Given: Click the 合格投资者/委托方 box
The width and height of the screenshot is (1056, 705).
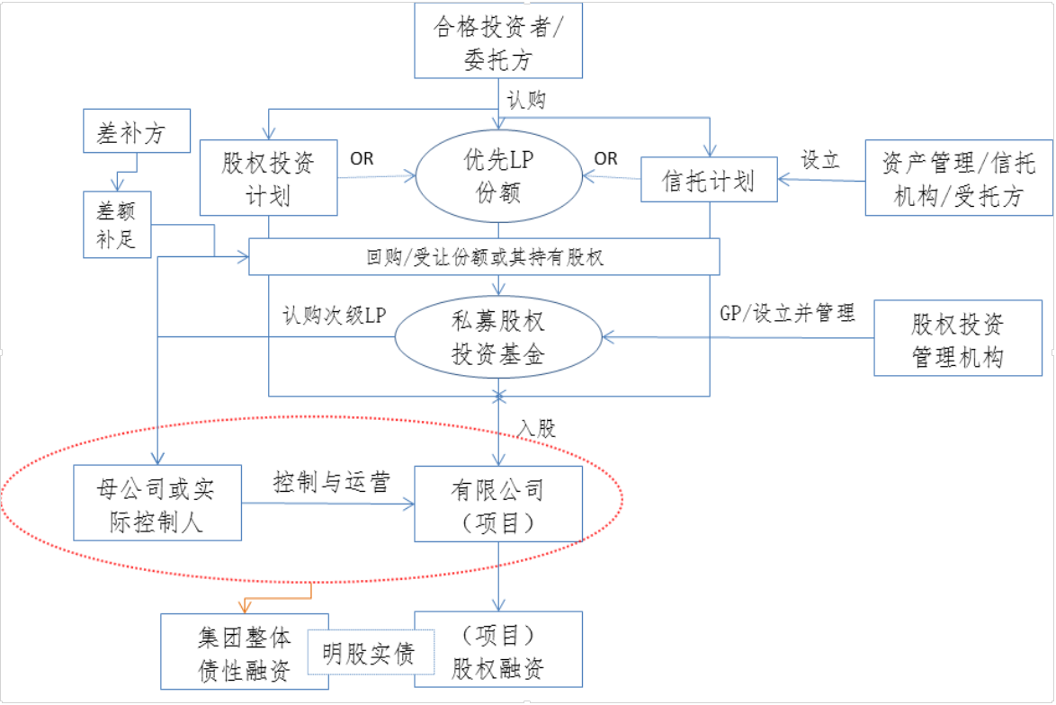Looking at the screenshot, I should coord(497,40).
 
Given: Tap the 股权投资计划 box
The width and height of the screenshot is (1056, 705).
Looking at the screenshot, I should coord(268,177).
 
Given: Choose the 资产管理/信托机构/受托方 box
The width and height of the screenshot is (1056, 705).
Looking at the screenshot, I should coord(958,178).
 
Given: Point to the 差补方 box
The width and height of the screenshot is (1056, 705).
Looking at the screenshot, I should coord(137,133).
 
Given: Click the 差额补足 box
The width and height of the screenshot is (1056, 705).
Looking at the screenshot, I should coord(116,225).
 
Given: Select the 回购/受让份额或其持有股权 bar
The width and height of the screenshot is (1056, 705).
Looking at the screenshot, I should coord(484,257).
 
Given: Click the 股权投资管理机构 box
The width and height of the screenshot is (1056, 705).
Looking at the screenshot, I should coord(957,339).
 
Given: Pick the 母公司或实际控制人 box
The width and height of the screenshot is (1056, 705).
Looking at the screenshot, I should coord(157,503).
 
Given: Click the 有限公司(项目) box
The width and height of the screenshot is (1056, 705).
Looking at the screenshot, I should coord(497,504).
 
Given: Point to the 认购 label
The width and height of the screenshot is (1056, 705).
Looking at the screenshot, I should coord(526,100).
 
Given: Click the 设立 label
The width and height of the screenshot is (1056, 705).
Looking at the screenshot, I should coord(820,160).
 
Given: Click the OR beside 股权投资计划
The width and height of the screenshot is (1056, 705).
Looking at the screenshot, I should coord(362,159).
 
